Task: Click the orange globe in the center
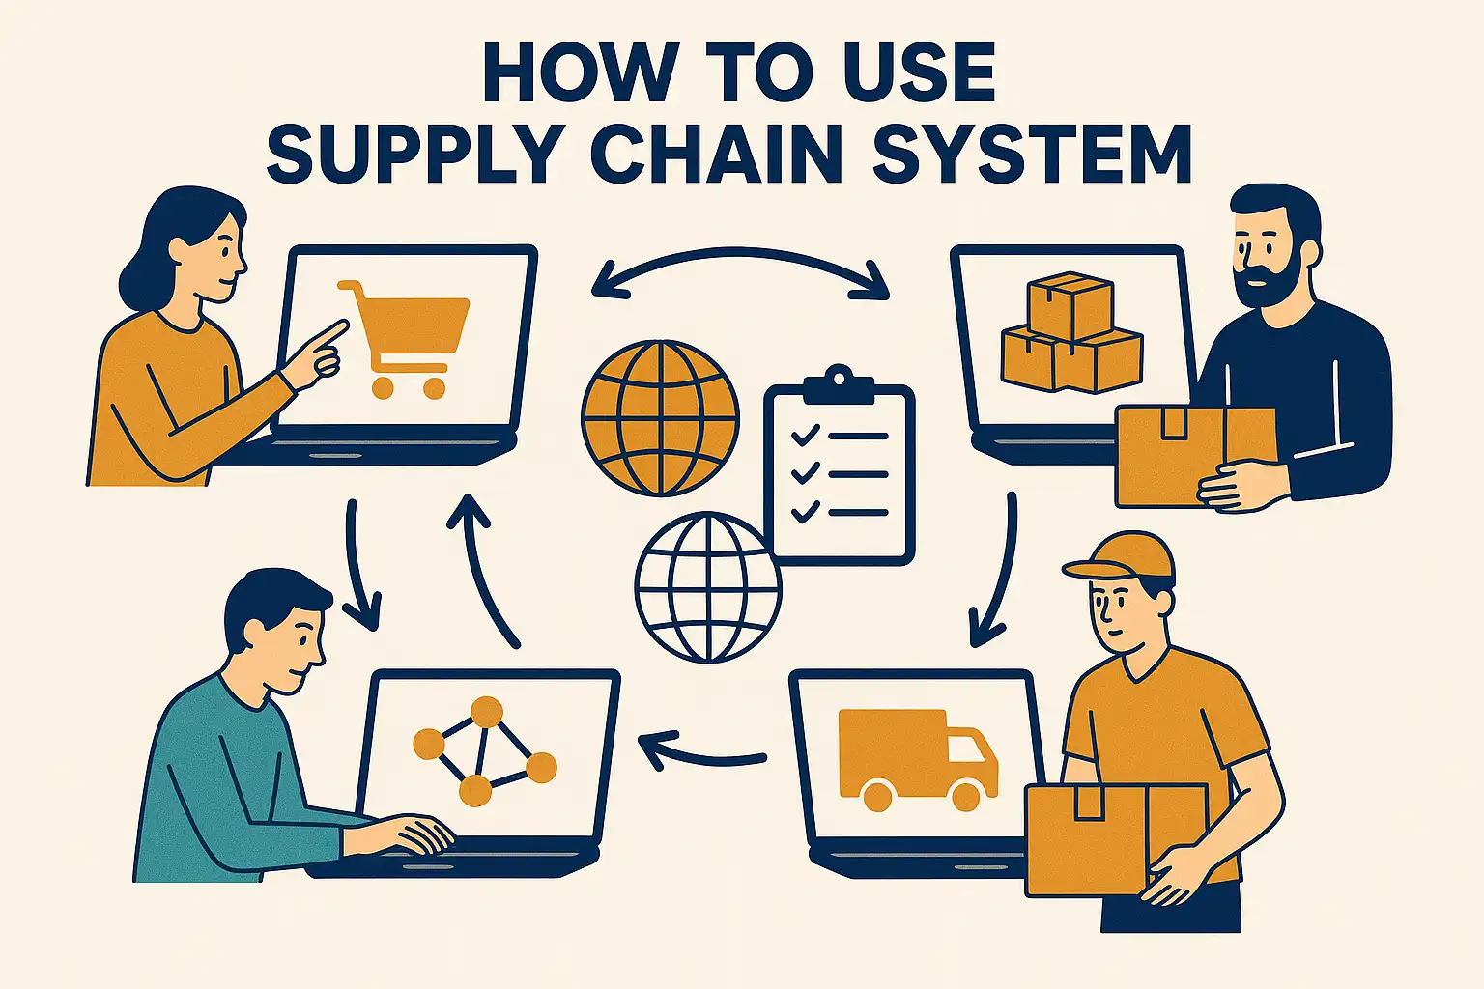660,417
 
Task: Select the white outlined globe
708,586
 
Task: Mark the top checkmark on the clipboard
804,437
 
